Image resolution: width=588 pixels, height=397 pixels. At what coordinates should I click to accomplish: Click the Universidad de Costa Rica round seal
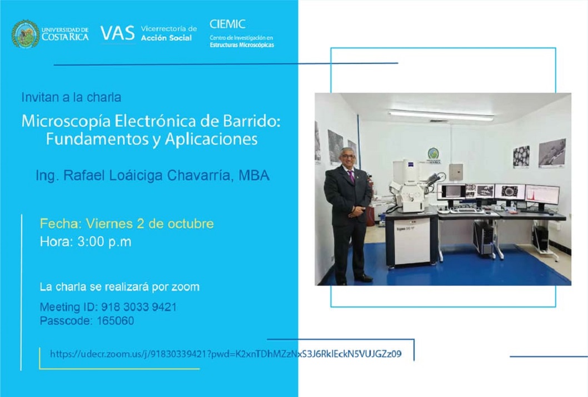(25, 34)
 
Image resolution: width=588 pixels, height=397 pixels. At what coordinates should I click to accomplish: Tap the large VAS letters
(117, 33)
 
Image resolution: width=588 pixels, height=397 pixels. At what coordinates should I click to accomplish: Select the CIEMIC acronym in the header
(227, 24)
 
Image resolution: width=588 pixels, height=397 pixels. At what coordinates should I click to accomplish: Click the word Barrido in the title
(252, 121)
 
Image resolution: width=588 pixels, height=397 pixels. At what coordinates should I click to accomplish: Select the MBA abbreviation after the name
(254, 175)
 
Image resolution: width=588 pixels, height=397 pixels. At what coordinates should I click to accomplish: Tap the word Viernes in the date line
(109, 224)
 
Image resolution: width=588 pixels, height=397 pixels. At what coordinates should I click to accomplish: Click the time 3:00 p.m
(104, 241)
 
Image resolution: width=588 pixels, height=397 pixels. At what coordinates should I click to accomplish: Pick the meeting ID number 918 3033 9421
(139, 307)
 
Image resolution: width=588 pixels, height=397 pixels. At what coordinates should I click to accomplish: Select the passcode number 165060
(115, 321)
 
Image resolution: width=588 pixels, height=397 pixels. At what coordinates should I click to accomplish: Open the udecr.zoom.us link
(226, 354)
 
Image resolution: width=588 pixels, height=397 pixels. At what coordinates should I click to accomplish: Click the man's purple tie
(351, 176)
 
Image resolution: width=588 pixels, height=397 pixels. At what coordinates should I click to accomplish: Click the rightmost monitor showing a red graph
(542, 195)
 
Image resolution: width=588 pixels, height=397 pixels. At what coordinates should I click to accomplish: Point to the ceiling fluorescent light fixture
(441, 115)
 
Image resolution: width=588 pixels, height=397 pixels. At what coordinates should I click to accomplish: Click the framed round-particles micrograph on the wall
(521, 156)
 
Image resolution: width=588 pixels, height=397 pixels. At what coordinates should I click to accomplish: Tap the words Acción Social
(166, 37)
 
